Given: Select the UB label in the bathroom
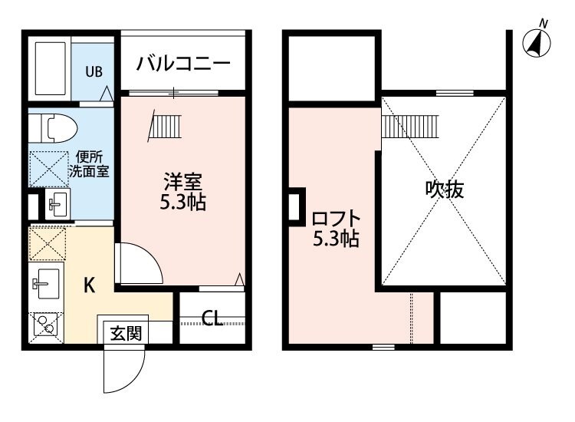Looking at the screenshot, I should (93, 72).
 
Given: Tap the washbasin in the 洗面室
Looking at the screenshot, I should (57, 203).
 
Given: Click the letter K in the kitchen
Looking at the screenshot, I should (89, 285).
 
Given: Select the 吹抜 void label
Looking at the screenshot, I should (445, 189).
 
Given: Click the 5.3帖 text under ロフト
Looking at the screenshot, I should (336, 239).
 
